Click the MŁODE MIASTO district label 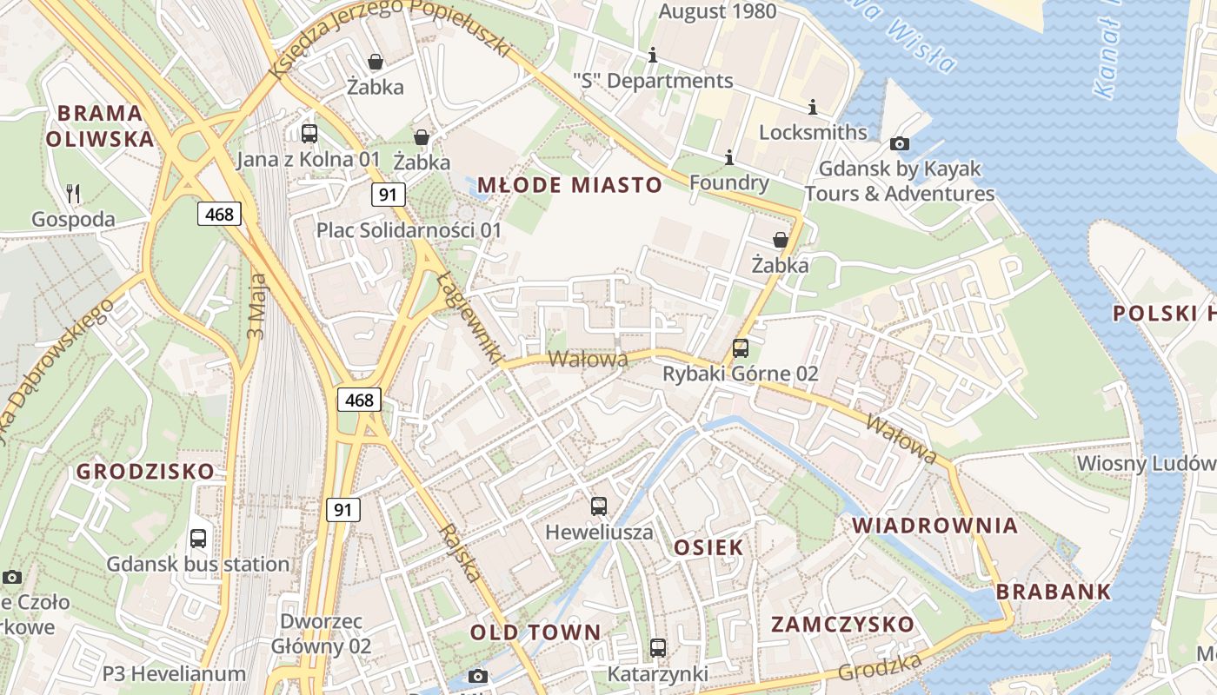pos(569,184)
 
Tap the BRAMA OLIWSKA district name pos(99,126)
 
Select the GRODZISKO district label pos(145,472)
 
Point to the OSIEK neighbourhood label pos(708,547)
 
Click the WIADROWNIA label pos(934,526)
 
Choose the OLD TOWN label pos(535,632)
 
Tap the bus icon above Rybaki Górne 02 pos(741,348)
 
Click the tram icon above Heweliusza pos(599,506)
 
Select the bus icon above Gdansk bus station pos(198,539)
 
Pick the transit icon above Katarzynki pos(658,648)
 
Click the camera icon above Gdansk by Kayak pos(900,143)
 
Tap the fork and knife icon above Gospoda pos(73,194)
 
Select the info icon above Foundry pos(729,157)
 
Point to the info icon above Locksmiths pos(813,107)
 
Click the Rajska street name pos(460,553)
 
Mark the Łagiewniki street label pos(470,318)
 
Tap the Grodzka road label pos(880,667)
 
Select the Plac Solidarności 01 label pos(409,230)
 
